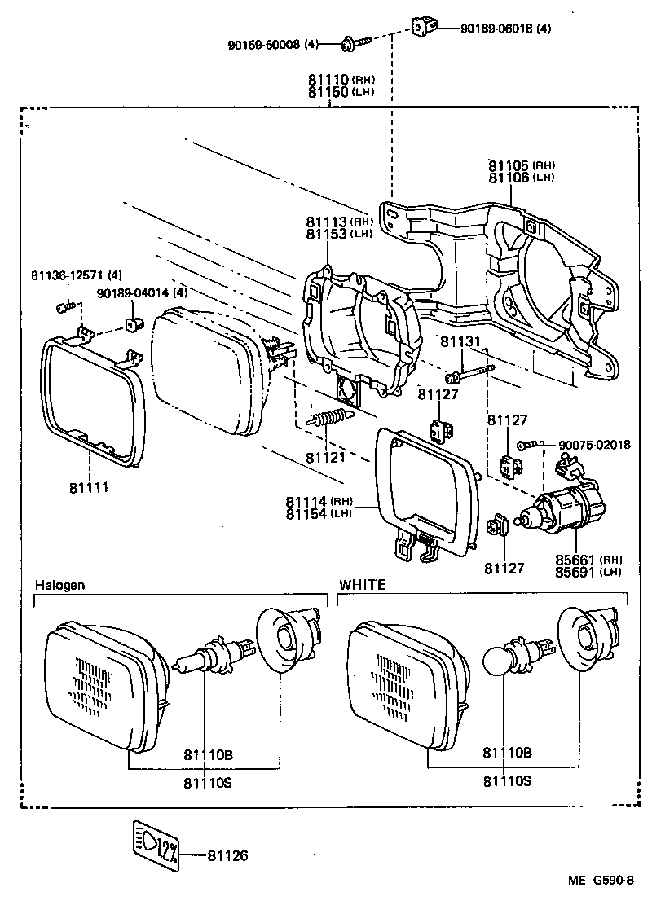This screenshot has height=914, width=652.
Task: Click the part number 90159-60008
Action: pos(264,43)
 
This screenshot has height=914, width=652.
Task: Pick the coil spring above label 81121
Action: pos(329,422)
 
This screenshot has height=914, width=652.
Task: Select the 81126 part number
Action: pos(227,855)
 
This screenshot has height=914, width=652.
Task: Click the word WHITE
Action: pos(363,585)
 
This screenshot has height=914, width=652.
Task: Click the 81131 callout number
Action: pos(461,343)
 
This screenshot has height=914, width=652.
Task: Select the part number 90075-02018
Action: pos(595,445)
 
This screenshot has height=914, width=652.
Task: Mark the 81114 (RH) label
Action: pos(319,501)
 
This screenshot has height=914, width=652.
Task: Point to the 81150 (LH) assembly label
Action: pos(340,93)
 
